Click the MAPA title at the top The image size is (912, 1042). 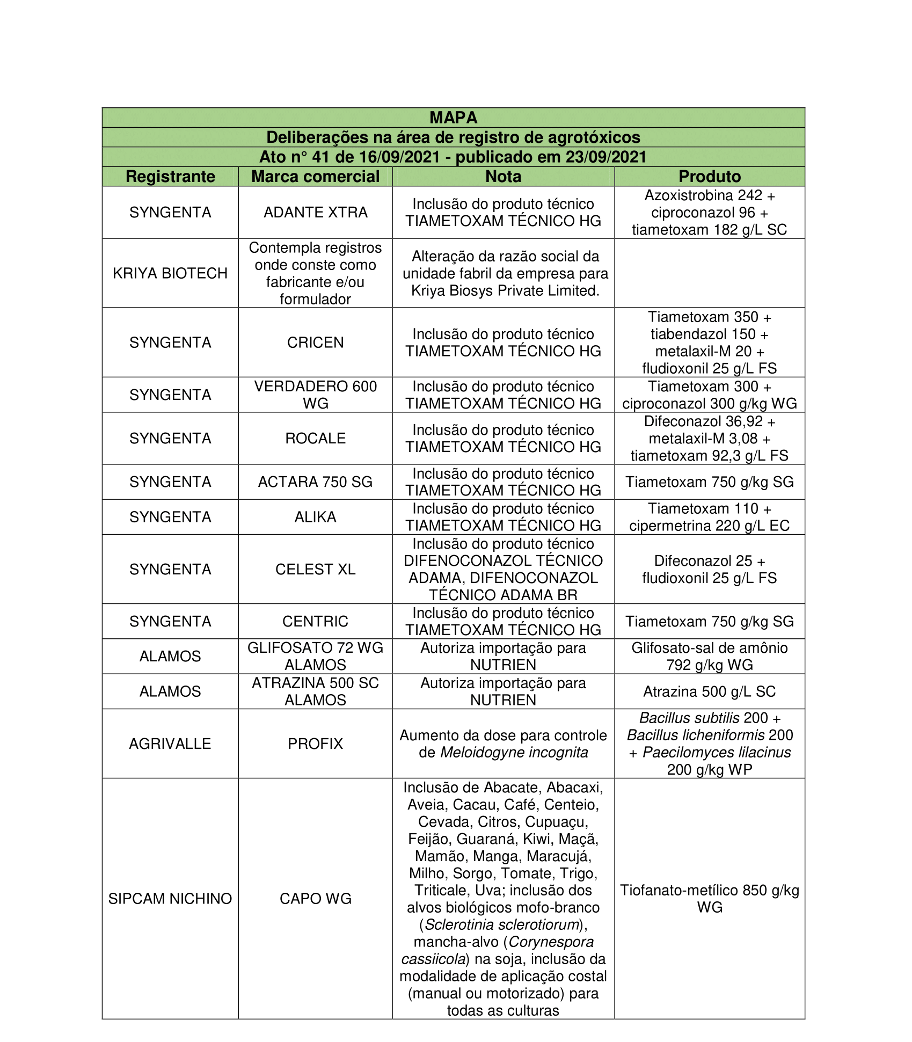453,118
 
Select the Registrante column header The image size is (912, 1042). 170,177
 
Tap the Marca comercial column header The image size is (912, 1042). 315,177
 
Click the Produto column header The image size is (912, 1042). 709,177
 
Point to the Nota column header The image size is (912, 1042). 503,177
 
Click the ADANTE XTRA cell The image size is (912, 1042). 315,213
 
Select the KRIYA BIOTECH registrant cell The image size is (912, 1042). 170,273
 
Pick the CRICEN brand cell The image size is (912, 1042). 315,343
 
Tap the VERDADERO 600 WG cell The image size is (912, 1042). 315,395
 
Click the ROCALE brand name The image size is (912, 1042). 315,439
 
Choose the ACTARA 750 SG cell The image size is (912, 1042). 315,482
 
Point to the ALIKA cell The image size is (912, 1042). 315,517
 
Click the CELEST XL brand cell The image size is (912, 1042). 315,569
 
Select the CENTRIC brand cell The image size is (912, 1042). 315,622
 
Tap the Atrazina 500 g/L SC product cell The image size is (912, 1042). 709,691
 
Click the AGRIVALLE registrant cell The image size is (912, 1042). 170,744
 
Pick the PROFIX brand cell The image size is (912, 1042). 315,744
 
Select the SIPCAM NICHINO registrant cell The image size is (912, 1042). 170,899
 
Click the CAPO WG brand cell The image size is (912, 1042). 315,899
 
